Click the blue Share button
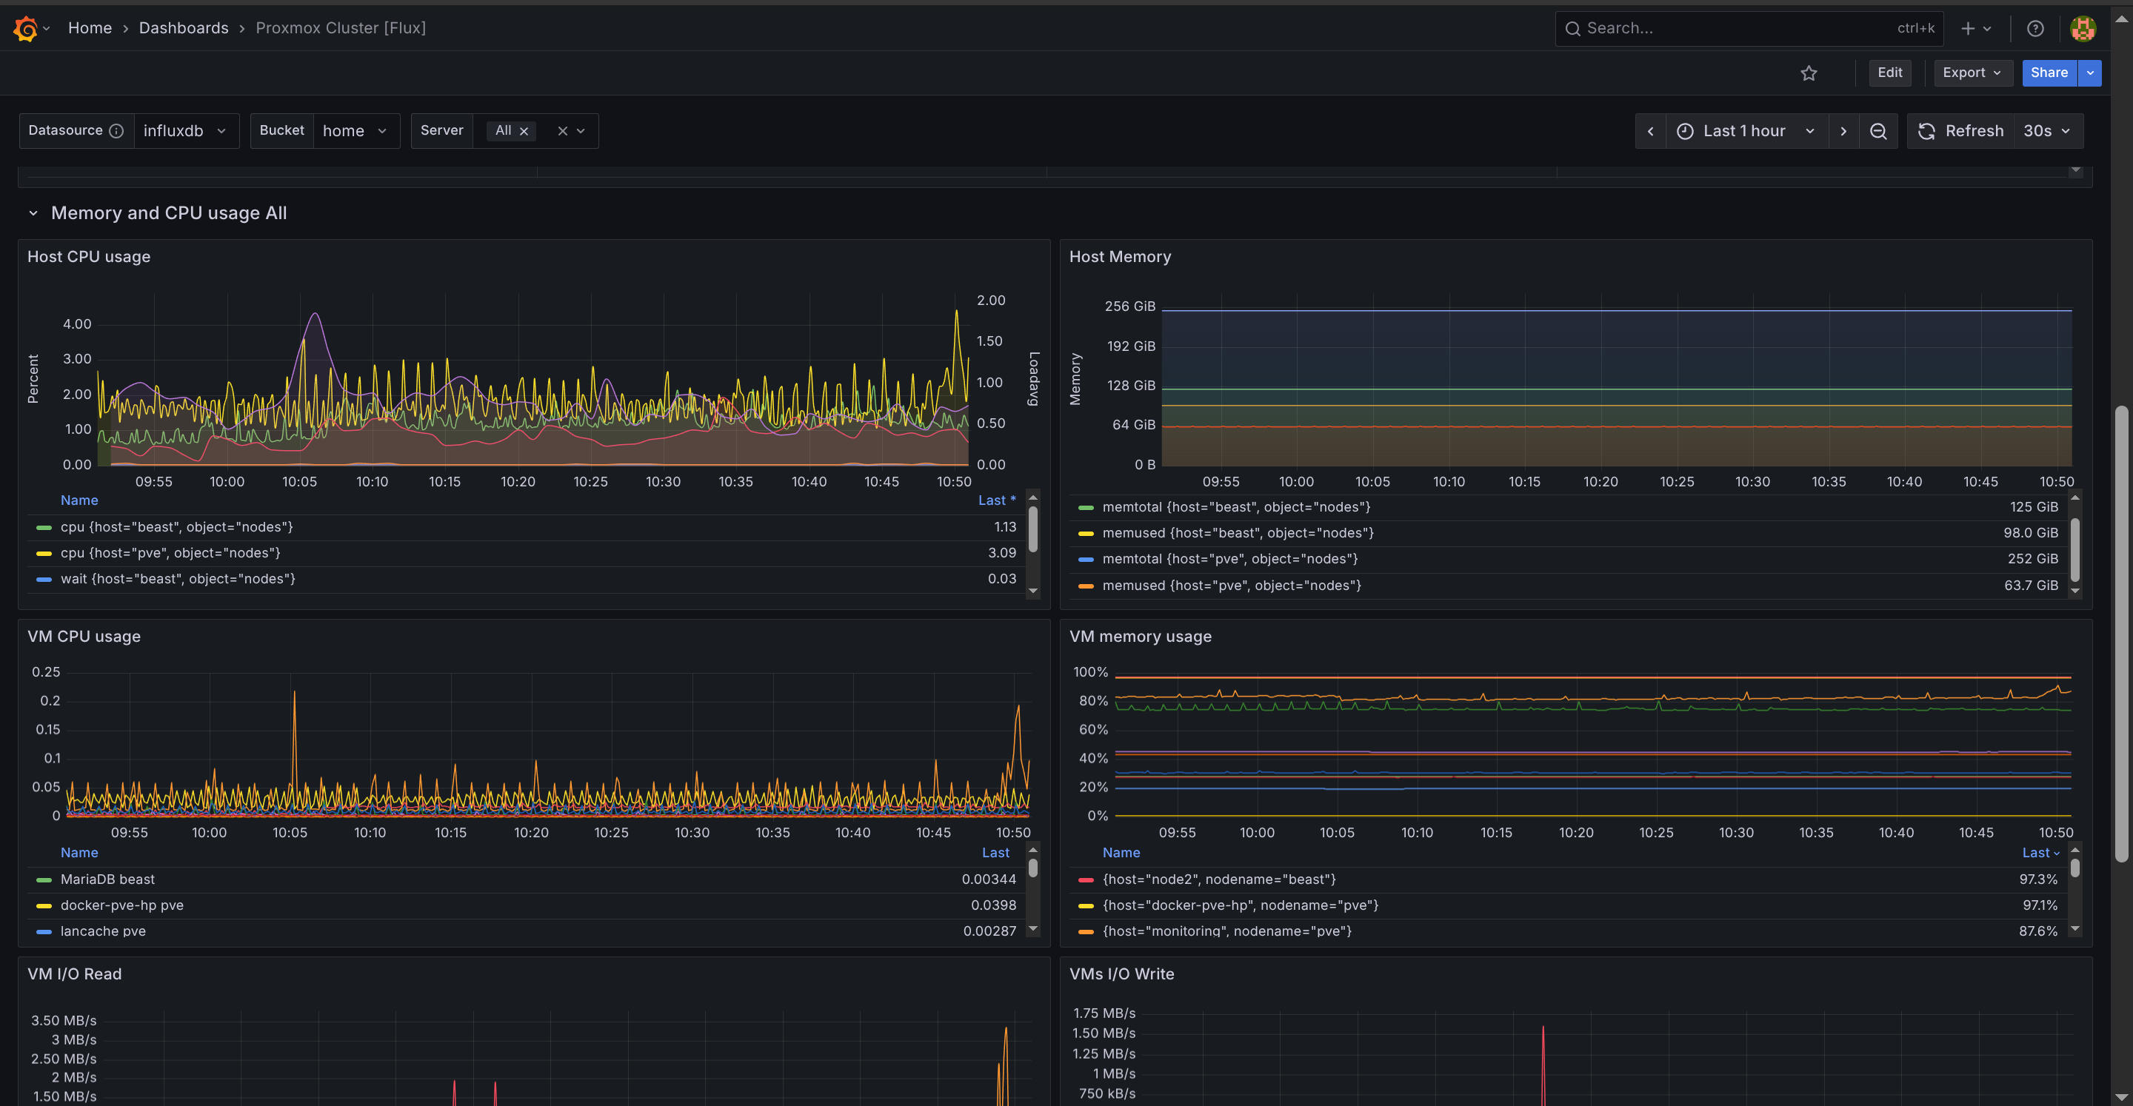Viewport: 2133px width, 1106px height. pyautogui.click(x=2048, y=73)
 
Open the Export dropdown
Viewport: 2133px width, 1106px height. pyautogui.click(x=1971, y=73)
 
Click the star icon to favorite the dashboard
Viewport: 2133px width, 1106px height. pyautogui.click(x=1809, y=74)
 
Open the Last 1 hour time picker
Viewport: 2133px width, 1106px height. pyautogui.click(x=1745, y=131)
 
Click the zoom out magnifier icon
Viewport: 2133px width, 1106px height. pyautogui.click(x=1878, y=131)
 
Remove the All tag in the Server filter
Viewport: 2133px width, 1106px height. pyautogui.click(x=524, y=132)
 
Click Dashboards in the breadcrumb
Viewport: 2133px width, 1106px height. pyautogui.click(x=183, y=28)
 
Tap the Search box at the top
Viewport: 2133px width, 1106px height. pyautogui.click(x=1739, y=28)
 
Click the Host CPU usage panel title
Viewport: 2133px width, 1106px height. pyautogui.click(x=89, y=257)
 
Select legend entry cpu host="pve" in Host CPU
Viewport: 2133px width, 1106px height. pyautogui.click(x=170, y=553)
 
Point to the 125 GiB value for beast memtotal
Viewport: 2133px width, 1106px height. pyautogui.click(x=2033, y=506)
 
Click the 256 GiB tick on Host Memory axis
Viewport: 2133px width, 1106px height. pyautogui.click(x=1129, y=306)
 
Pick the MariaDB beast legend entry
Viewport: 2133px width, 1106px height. pyautogui.click(x=107, y=879)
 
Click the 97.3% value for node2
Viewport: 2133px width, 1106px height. pyautogui.click(x=2037, y=879)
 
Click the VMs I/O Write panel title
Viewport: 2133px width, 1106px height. pyautogui.click(x=1121, y=973)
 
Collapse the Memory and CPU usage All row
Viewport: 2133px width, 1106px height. pyautogui.click(x=33, y=214)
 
